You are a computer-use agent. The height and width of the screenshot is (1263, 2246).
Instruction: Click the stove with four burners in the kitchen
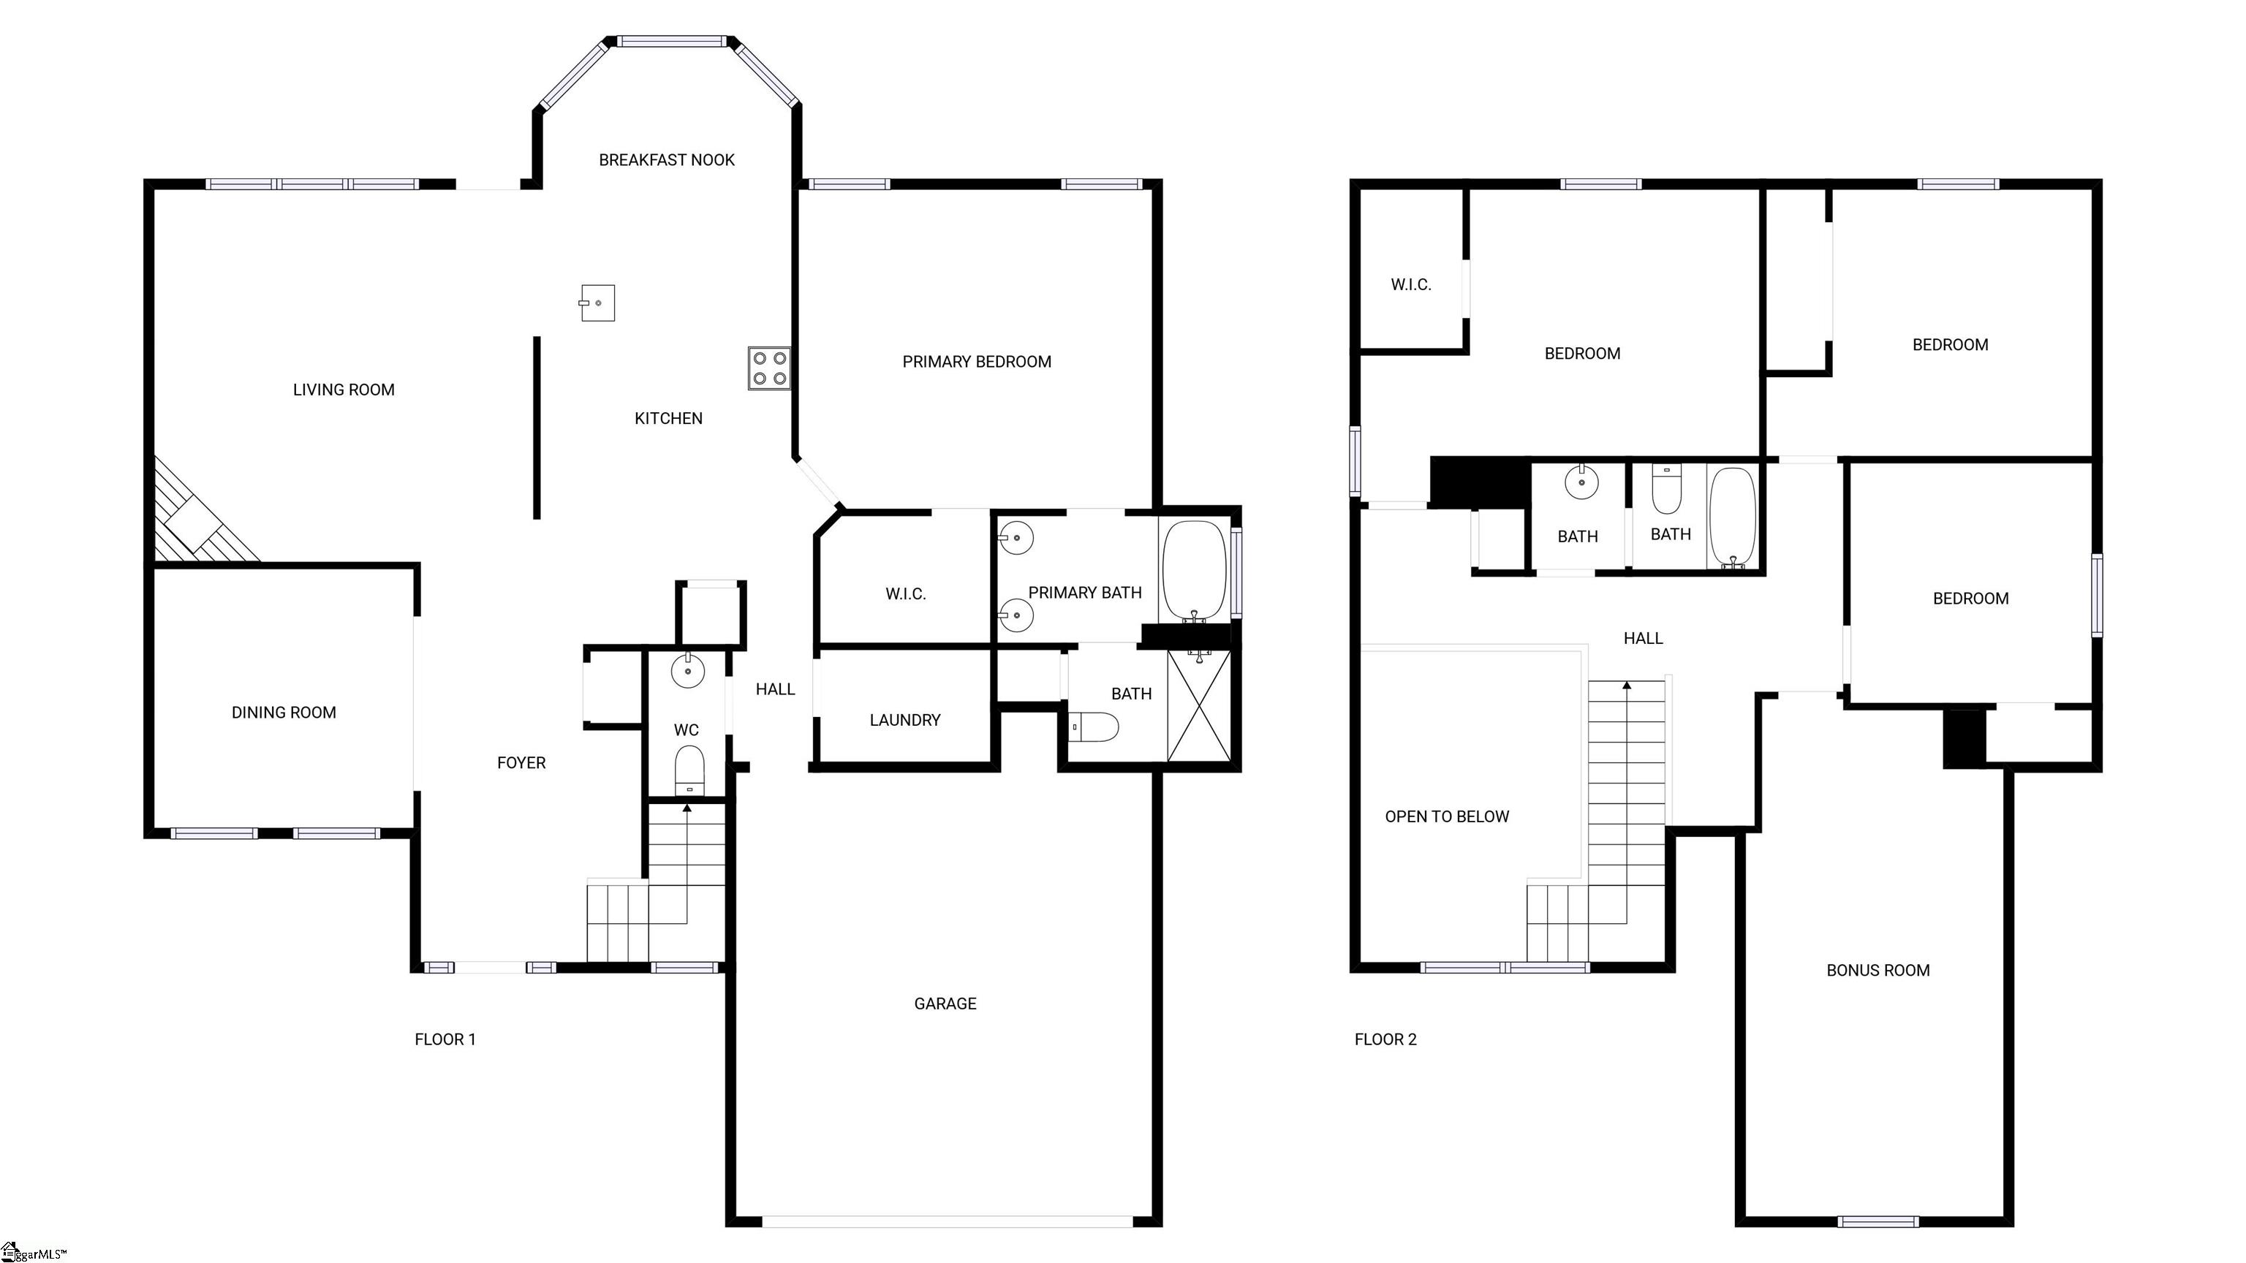769,368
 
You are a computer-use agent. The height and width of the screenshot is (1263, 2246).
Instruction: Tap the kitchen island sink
597,303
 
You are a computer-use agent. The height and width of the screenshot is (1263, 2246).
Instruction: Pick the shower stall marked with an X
1199,706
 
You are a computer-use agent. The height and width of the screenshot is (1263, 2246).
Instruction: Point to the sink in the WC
688,670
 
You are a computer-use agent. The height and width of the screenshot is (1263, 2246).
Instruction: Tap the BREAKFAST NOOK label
667,159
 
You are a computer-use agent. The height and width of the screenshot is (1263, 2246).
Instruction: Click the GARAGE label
945,1004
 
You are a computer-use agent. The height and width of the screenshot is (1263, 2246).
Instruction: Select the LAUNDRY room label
905,720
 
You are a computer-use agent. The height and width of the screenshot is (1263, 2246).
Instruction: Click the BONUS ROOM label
1878,970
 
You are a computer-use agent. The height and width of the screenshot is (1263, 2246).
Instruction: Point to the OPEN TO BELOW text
1448,816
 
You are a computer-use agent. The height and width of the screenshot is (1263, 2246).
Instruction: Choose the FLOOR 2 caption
1385,1039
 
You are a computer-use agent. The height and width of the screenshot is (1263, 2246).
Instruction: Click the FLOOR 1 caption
445,1039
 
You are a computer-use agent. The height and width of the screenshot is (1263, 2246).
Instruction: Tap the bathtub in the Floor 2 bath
1733,519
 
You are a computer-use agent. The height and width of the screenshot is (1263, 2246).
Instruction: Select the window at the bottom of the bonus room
1878,1221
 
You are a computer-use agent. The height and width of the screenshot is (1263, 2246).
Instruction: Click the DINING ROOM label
284,712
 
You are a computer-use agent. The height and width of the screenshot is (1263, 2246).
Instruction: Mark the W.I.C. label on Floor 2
1411,284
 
